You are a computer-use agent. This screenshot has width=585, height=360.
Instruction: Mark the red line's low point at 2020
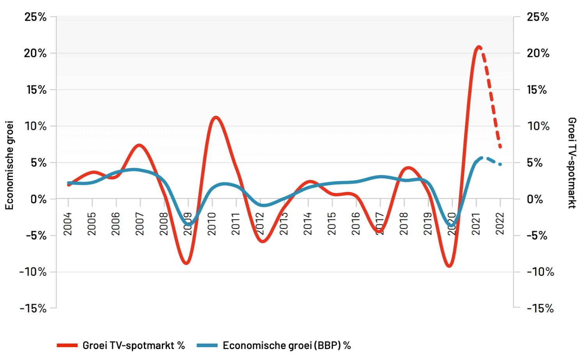pyautogui.click(x=449, y=266)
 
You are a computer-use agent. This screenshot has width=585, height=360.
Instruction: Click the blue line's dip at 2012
pyautogui.click(x=262, y=205)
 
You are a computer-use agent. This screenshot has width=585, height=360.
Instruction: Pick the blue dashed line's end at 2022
pyautogui.click(x=500, y=165)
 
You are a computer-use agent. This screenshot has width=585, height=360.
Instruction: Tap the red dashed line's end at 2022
pyautogui.click(x=500, y=147)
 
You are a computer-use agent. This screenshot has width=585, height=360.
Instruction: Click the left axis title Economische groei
pyautogui.click(x=9, y=165)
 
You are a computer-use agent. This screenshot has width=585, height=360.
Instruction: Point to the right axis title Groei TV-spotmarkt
pyautogui.click(x=572, y=163)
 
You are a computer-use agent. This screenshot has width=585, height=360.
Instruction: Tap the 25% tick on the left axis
pyautogui.click(x=35, y=17)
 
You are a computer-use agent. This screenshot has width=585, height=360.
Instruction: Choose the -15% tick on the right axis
pyautogui.click(x=540, y=309)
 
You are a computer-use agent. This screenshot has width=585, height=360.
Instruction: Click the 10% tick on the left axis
pyautogui.click(x=35, y=126)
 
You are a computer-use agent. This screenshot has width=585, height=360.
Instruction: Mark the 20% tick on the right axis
pyautogui.click(x=538, y=53)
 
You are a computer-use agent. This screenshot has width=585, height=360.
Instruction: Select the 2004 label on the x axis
pyautogui.click(x=68, y=224)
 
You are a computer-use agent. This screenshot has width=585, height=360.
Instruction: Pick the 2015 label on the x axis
pyautogui.click(x=332, y=224)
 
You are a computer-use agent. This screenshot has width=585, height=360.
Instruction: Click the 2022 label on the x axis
pyautogui.click(x=500, y=224)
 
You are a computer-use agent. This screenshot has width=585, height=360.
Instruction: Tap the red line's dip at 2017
pyautogui.click(x=379, y=232)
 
